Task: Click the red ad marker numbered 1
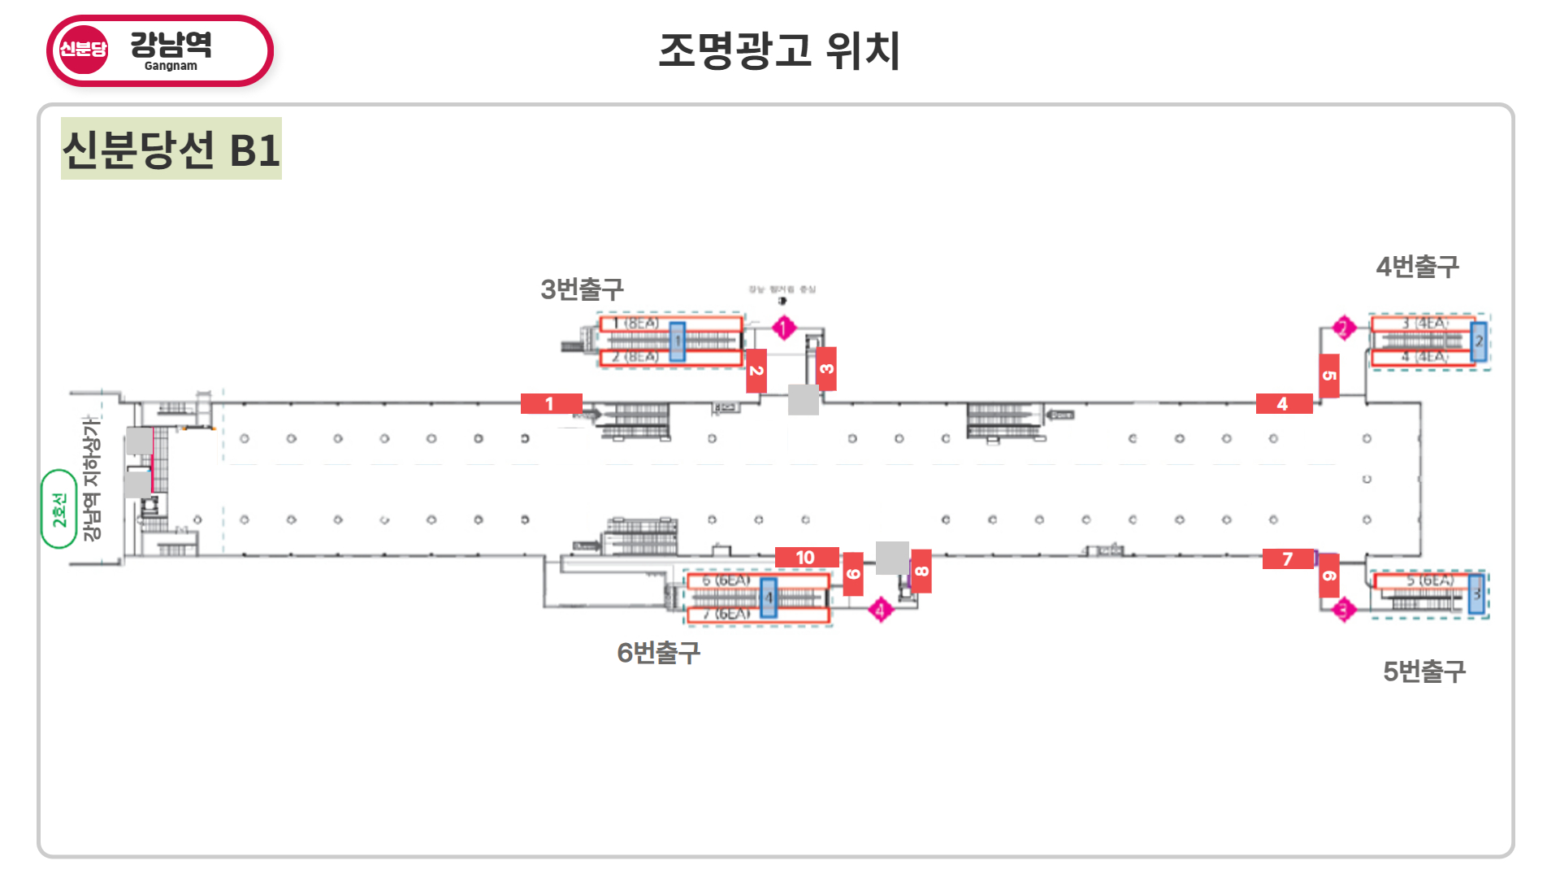click(551, 403)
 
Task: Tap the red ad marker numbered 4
click(1284, 403)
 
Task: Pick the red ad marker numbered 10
click(806, 557)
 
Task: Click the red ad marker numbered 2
click(756, 371)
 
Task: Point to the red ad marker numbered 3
click(826, 368)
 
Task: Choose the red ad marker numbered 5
click(1329, 376)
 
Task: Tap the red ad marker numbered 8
click(921, 571)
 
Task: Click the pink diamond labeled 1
click(783, 328)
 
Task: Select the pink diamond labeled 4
click(880, 609)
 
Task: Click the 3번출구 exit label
click(582, 289)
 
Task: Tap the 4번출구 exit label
click(1417, 266)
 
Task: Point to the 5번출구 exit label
click(1424, 671)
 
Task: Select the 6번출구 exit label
click(658, 652)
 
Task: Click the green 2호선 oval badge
click(59, 509)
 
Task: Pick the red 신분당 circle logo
click(83, 50)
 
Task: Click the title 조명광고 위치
click(779, 50)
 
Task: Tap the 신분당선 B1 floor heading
click(171, 149)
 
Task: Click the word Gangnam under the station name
click(171, 66)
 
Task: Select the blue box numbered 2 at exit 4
click(1479, 341)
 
